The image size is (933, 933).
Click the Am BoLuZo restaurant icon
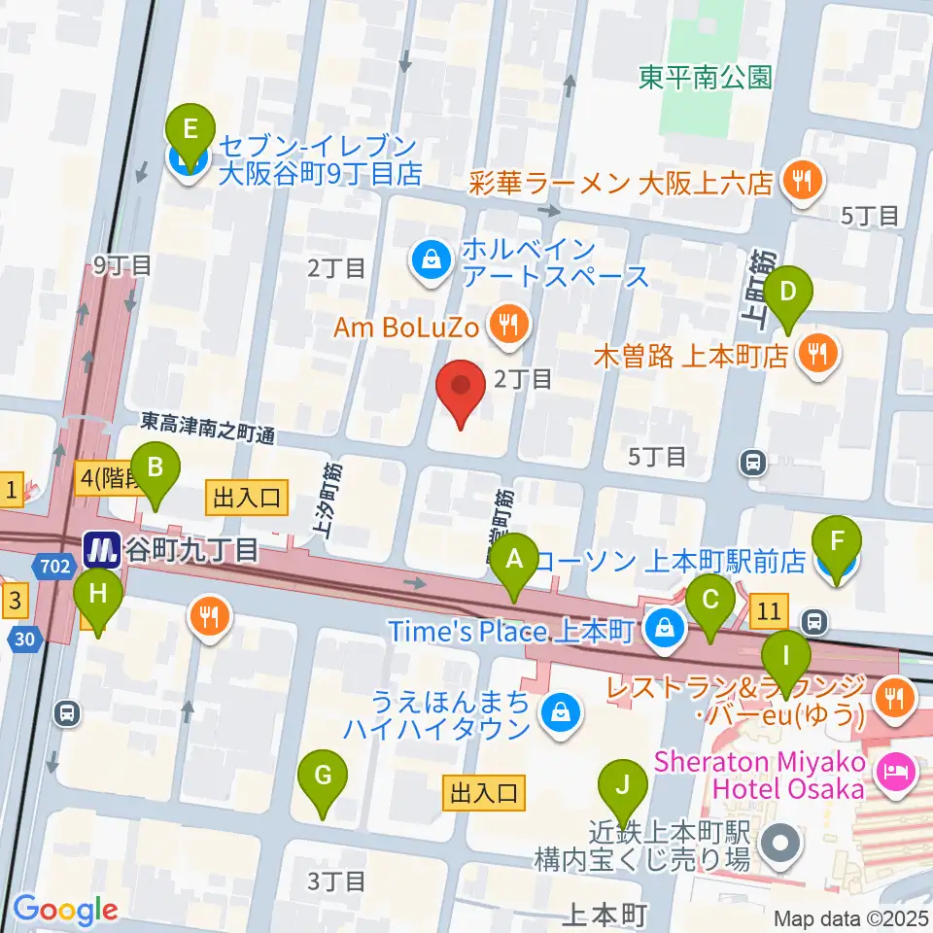[506, 328]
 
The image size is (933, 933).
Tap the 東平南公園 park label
[706, 78]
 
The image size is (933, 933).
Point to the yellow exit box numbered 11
[769, 611]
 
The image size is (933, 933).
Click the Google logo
[65, 910]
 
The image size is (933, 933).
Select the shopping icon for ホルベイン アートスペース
[429, 259]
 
